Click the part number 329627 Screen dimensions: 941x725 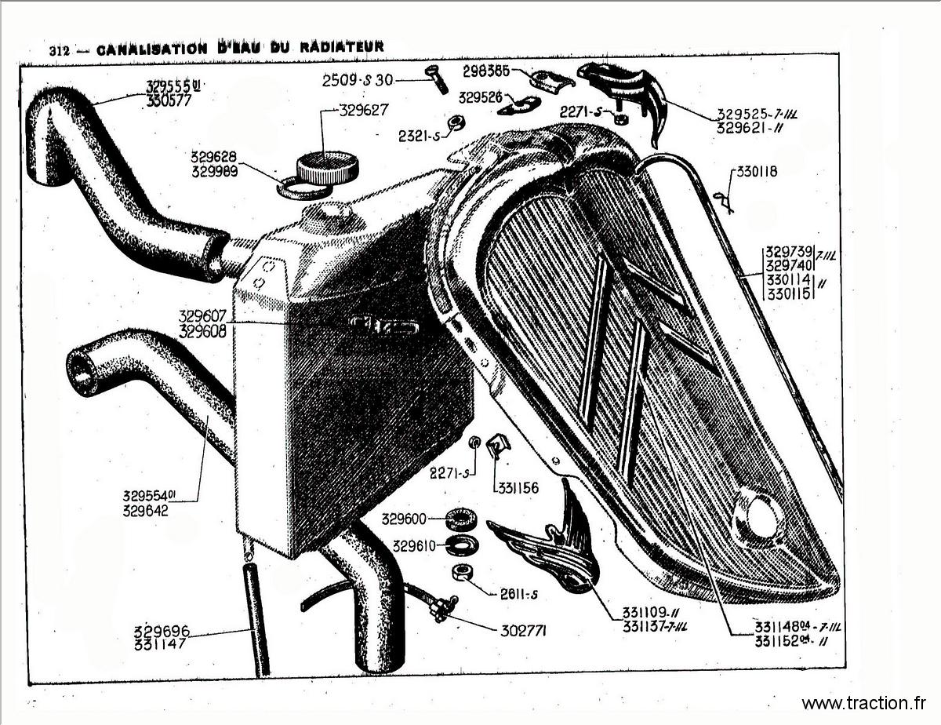[364, 111]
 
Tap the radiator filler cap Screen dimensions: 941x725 [327, 167]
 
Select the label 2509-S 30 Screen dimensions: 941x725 [358, 81]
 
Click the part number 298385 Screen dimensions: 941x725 [486, 71]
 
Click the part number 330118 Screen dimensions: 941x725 [757, 172]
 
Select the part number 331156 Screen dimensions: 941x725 [518, 488]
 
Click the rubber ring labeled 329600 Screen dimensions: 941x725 [461, 519]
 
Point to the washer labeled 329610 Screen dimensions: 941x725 [463, 545]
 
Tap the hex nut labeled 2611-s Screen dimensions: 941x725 [462, 574]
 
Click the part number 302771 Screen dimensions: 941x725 [523, 631]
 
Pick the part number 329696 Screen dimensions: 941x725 [162, 631]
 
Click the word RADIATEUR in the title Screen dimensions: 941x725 [342, 46]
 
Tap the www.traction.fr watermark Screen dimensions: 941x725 [864, 703]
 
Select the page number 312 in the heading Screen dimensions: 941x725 [60, 51]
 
